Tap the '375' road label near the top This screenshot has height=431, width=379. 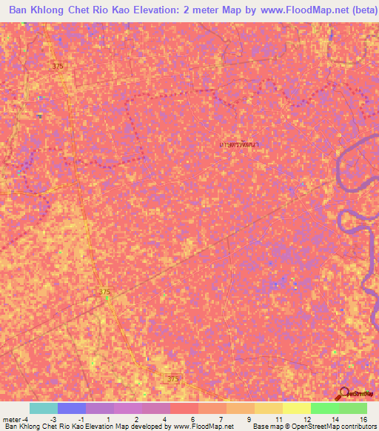coord(58,67)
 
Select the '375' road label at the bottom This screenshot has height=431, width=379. coord(172,379)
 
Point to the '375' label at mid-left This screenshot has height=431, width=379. coord(104,293)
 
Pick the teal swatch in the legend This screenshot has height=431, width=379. coord(43,408)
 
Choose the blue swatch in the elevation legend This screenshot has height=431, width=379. coord(71,408)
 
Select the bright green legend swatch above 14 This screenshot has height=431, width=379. coord(324,408)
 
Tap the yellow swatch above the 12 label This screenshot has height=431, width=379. coord(296,408)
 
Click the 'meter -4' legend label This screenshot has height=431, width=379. coord(14,419)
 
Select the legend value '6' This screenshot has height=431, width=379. coord(192,419)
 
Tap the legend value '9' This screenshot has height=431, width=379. coord(249,419)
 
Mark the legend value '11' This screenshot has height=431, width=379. coord(277,419)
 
